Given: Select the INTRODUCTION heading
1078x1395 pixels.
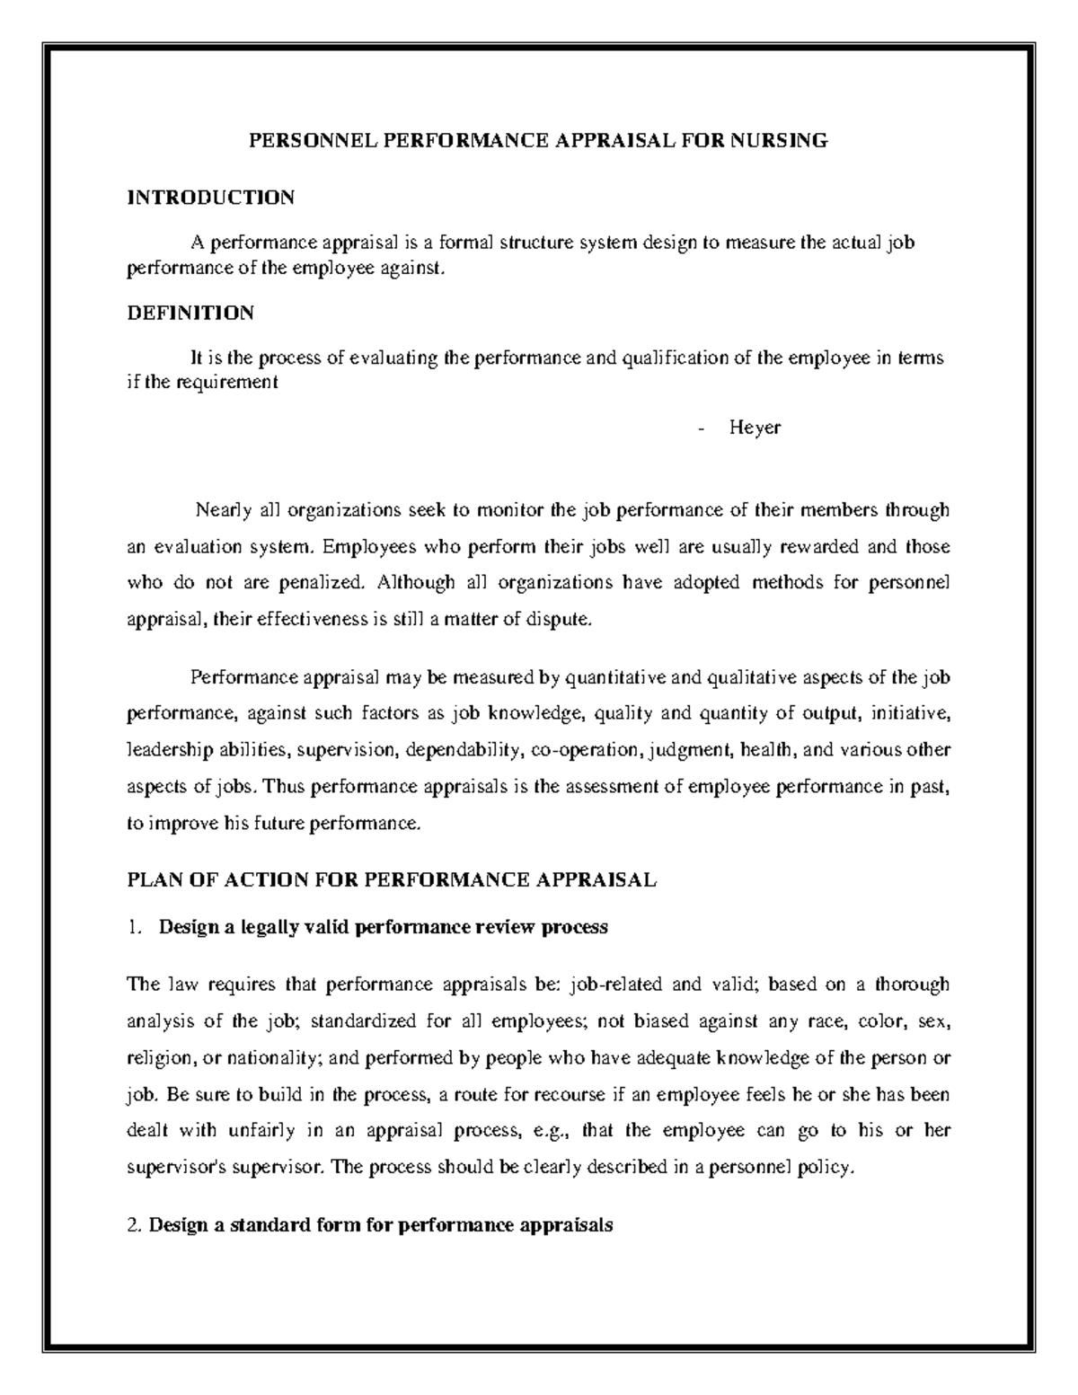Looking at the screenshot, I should click(x=210, y=198).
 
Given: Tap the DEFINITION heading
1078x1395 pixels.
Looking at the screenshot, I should click(x=190, y=313).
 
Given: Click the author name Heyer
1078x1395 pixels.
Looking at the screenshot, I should click(x=755, y=428).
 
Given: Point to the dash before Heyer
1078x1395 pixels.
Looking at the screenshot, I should click(x=700, y=428).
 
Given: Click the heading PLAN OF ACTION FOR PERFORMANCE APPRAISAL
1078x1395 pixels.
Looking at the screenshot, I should click(x=393, y=880).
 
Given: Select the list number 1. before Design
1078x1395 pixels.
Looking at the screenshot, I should click(x=135, y=927).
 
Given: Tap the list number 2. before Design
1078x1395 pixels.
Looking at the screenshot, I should click(x=135, y=1224).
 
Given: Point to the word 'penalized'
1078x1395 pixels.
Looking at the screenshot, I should click(x=317, y=583).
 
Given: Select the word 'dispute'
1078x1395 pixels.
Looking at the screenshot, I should click(x=564, y=619).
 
